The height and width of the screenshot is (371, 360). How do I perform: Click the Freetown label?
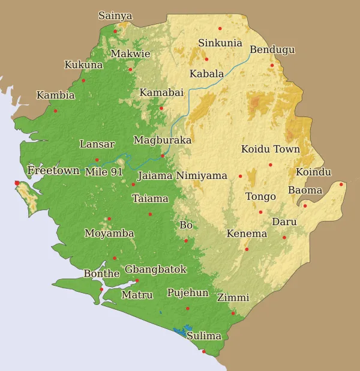(x=53, y=170)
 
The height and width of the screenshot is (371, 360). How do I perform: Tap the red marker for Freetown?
(x=17, y=183)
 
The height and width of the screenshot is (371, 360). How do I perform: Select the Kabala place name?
(x=206, y=74)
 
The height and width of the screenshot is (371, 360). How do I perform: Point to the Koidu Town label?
(x=270, y=149)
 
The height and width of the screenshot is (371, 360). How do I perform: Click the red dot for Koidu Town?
(x=270, y=164)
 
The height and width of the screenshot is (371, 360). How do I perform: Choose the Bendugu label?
(x=272, y=49)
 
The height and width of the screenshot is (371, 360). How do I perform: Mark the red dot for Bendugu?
(x=272, y=65)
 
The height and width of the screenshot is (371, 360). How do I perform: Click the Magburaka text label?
(x=162, y=140)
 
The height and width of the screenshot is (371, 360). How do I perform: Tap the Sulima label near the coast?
(x=203, y=336)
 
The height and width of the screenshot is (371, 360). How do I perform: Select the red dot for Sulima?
(x=203, y=351)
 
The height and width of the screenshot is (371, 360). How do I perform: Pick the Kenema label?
(x=247, y=233)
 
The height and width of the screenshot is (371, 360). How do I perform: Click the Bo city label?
(x=186, y=225)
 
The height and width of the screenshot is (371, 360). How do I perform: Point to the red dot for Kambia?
(x=55, y=110)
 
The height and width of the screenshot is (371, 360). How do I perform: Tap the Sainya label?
(x=115, y=16)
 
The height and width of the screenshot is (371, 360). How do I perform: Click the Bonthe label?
(x=101, y=274)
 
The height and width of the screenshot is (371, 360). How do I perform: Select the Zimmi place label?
(x=233, y=297)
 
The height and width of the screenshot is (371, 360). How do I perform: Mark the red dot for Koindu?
(x=341, y=184)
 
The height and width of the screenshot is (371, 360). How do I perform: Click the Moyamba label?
(x=109, y=233)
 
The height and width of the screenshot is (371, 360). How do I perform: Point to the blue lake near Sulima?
(x=179, y=330)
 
